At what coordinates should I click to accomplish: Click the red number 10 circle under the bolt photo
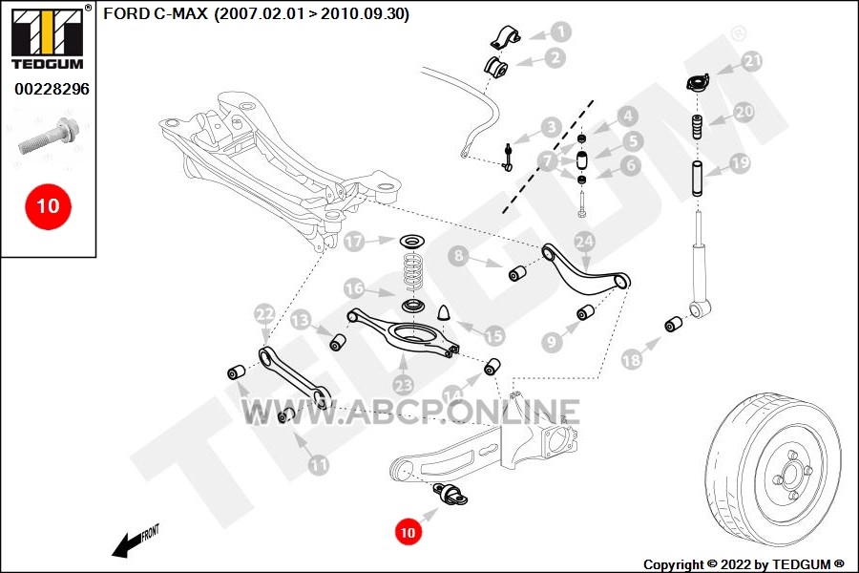click(49, 206)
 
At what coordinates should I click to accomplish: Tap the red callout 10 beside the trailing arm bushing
click(409, 532)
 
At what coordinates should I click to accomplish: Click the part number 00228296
click(52, 89)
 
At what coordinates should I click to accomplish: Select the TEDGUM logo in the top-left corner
click(50, 37)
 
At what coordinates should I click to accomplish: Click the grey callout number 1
click(560, 32)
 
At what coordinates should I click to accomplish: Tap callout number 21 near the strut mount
click(752, 61)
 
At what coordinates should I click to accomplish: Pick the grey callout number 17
click(354, 242)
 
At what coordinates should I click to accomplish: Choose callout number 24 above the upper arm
click(584, 242)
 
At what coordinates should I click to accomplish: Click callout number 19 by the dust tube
click(740, 163)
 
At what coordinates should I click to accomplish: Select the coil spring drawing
click(412, 269)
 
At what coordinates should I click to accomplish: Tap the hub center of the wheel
click(791, 474)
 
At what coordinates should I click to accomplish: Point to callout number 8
click(458, 256)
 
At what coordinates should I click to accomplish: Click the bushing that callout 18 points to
click(673, 325)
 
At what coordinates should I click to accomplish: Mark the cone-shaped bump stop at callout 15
click(444, 311)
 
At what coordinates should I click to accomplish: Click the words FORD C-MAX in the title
click(156, 13)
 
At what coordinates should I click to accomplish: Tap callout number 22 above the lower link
click(265, 314)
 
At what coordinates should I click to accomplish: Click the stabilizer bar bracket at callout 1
click(504, 37)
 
